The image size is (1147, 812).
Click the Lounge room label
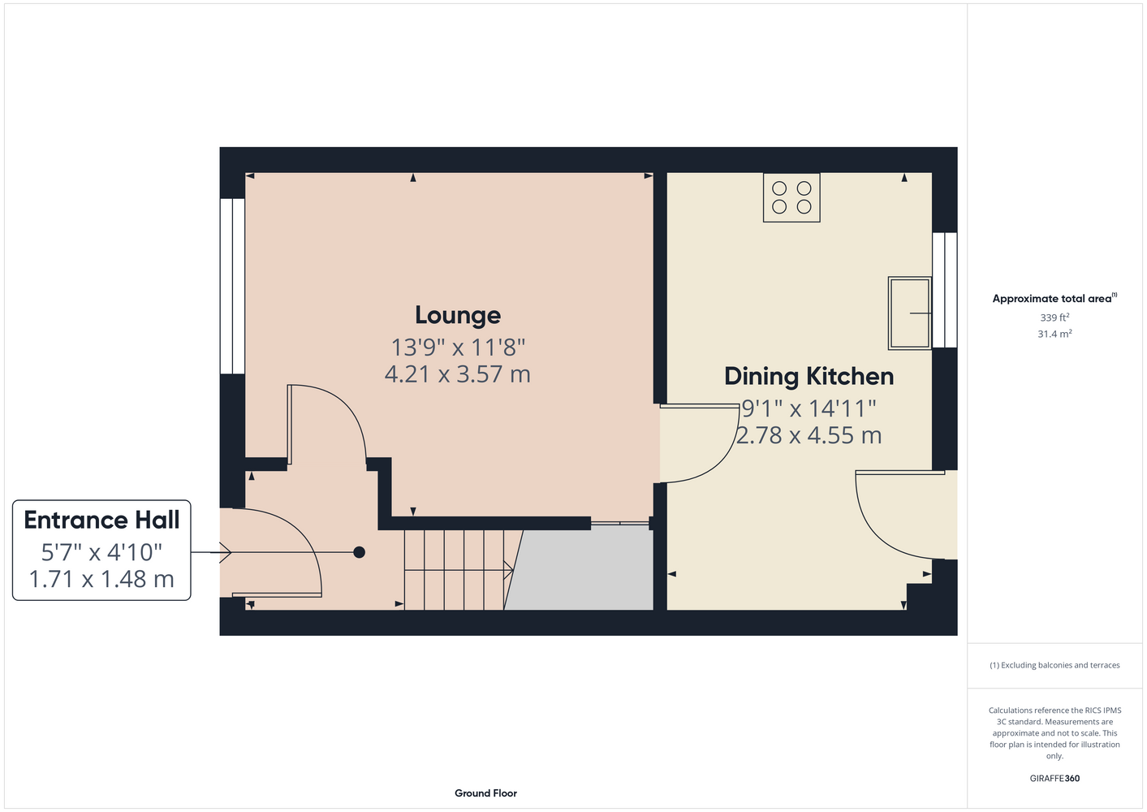click(x=457, y=316)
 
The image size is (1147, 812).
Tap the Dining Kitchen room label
click(x=809, y=377)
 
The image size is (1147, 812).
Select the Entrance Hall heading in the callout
click(x=101, y=520)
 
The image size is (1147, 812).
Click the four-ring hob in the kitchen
click(x=791, y=197)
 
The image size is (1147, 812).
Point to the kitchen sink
click(x=909, y=313)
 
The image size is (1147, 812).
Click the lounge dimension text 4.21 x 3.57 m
click(x=457, y=374)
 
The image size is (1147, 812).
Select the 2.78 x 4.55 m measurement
click(x=809, y=435)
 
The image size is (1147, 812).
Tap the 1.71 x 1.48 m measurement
click(x=101, y=580)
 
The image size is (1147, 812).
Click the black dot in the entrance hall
click(x=359, y=552)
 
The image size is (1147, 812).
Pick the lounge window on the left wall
click(x=232, y=286)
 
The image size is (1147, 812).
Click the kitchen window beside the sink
click(x=944, y=290)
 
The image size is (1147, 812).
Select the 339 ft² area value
click(x=1054, y=317)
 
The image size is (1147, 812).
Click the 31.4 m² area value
click(x=1054, y=334)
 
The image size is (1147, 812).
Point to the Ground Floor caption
click(x=485, y=793)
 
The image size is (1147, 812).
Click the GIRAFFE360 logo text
click(x=1054, y=778)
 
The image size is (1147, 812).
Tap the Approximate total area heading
click(x=1054, y=298)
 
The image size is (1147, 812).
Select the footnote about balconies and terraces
click(x=1054, y=665)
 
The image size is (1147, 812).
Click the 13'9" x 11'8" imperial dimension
click(x=458, y=348)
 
